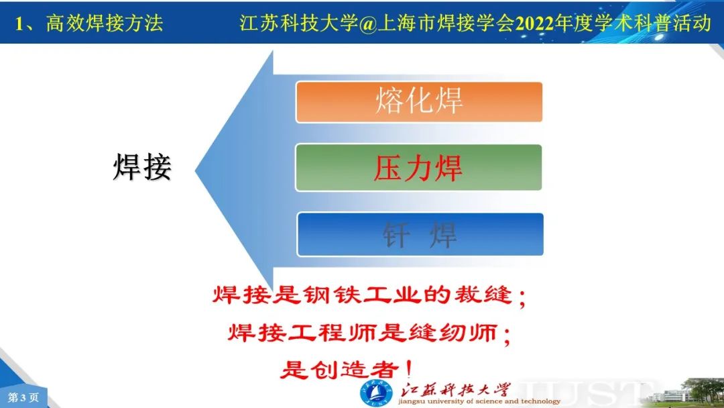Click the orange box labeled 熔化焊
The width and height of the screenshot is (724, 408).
click(x=419, y=102)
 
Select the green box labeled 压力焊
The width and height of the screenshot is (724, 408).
click(x=418, y=168)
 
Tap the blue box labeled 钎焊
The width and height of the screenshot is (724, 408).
click(x=420, y=234)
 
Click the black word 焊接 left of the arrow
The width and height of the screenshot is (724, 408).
click(x=142, y=167)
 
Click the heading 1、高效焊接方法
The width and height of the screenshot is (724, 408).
click(x=89, y=23)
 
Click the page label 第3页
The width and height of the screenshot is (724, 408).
click(x=23, y=397)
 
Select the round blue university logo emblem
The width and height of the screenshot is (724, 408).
click(x=376, y=394)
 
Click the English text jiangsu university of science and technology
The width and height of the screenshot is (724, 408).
click(x=479, y=401)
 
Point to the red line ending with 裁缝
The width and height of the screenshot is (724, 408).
click(x=369, y=295)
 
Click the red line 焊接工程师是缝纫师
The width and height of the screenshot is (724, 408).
click(x=369, y=332)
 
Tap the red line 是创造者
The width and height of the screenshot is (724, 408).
click(x=347, y=369)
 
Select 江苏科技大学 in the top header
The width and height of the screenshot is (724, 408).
click(x=299, y=23)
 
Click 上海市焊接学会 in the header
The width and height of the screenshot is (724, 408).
click(x=446, y=23)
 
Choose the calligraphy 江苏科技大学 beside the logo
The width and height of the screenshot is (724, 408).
click(x=455, y=389)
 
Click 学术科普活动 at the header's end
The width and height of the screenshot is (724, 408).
click(x=642, y=23)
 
